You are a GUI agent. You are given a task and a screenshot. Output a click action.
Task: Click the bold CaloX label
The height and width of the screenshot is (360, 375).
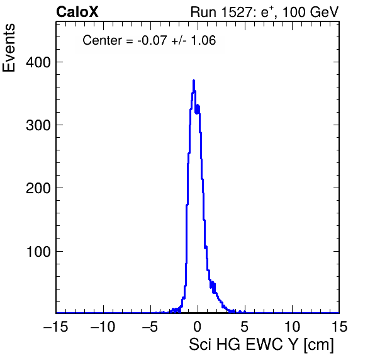[x=77, y=12]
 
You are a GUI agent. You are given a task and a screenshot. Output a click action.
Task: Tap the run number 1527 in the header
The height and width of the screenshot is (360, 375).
[x=237, y=12]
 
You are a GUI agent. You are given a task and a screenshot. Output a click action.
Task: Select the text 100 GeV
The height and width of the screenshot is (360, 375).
[x=311, y=12]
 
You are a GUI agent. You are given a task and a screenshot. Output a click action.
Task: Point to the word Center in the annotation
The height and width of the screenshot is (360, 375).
[x=102, y=40]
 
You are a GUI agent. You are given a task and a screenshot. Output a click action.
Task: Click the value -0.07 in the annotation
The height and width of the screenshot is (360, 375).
[x=152, y=40]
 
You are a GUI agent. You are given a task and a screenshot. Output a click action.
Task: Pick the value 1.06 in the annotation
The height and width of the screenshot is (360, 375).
[x=203, y=40]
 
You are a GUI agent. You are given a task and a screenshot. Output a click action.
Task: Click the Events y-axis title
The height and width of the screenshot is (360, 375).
[x=9, y=48]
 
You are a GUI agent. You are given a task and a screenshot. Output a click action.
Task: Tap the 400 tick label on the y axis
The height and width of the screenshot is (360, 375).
[x=38, y=62]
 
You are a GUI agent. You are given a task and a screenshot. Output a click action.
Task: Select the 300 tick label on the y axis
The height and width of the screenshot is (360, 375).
[x=38, y=125]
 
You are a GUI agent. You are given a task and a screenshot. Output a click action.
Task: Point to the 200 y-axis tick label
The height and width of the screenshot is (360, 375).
[x=38, y=188]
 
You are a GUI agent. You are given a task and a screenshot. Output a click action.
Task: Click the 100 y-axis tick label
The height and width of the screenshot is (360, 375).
[x=38, y=252]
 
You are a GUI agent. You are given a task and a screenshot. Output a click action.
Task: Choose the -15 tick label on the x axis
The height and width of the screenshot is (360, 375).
[x=56, y=326]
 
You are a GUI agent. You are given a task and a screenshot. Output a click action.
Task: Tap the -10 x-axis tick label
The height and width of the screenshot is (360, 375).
[x=103, y=326]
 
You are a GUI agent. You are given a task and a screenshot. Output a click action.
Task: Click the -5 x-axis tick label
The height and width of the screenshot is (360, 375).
[x=150, y=326]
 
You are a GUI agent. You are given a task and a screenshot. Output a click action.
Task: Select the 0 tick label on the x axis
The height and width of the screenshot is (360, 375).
[x=198, y=326]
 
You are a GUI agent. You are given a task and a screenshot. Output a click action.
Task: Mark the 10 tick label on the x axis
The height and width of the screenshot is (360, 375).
[x=292, y=326]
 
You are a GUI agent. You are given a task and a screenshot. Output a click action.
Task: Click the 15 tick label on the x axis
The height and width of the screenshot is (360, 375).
[x=339, y=326]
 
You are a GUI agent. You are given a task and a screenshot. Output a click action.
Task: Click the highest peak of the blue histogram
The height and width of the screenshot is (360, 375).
[x=194, y=81]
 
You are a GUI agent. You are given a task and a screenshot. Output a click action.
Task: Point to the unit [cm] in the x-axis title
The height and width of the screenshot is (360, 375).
[x=319, y=345]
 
